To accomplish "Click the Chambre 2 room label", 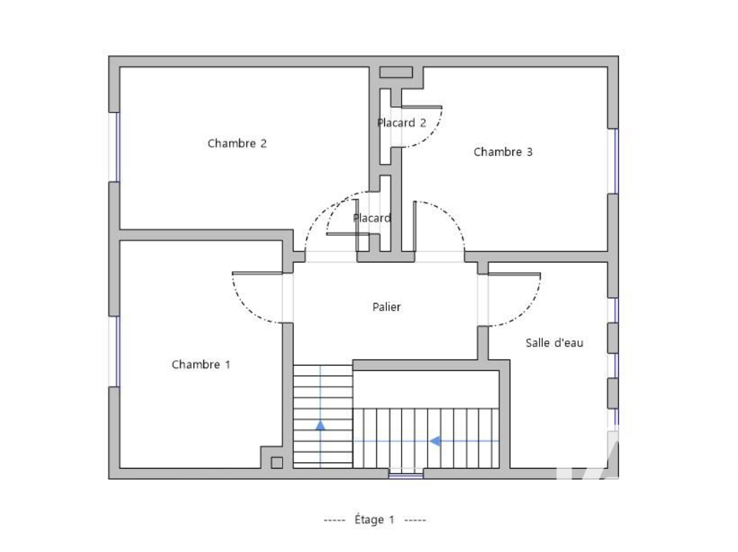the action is tap(237, 143).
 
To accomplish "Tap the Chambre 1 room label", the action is tap(201, 364).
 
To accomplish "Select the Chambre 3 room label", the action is tap(503, 152).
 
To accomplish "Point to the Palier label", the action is tap(386, 307).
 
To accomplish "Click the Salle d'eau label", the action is tap(554, 342).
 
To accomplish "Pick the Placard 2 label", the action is tap(401, 123).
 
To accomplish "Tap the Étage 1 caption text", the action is tap(374, 519).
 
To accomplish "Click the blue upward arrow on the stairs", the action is tap(321, 425).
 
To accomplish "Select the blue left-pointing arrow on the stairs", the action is tap(435, 441).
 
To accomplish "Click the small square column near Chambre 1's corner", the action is tap(276, 462).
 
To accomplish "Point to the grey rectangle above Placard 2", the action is tap(396, 72).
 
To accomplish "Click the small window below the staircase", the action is tap(406, 474).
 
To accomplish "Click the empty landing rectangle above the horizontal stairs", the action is tap(426, 389).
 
